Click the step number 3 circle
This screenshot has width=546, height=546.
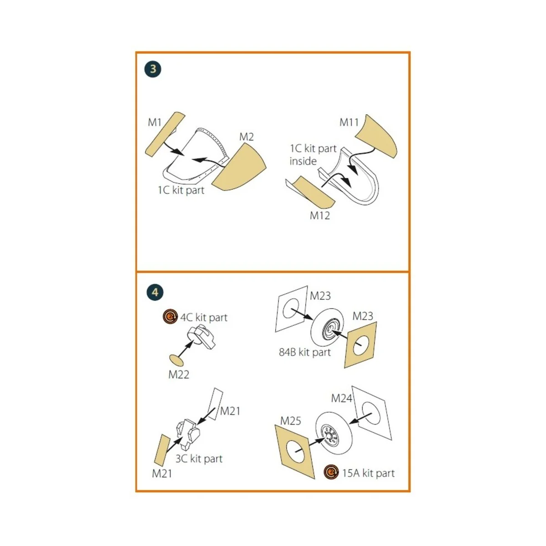point(153,69)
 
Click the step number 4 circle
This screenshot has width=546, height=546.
point(155,292)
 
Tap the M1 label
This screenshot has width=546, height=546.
point(155,122)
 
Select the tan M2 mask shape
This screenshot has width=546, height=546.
point(239,167)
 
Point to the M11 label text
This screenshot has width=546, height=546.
point(349,122)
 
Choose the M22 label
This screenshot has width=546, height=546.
point(178,374)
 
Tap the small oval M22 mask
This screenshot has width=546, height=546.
point(176,361)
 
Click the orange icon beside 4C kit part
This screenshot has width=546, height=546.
point(170,317)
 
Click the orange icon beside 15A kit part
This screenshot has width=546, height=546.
point(331,472)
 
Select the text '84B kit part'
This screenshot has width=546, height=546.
point(305,352)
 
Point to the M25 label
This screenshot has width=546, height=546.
point(290,421)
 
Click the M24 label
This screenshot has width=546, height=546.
point(341,399)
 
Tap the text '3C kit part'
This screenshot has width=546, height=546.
point(199,459)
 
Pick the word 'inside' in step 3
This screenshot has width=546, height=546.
point(303,161)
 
